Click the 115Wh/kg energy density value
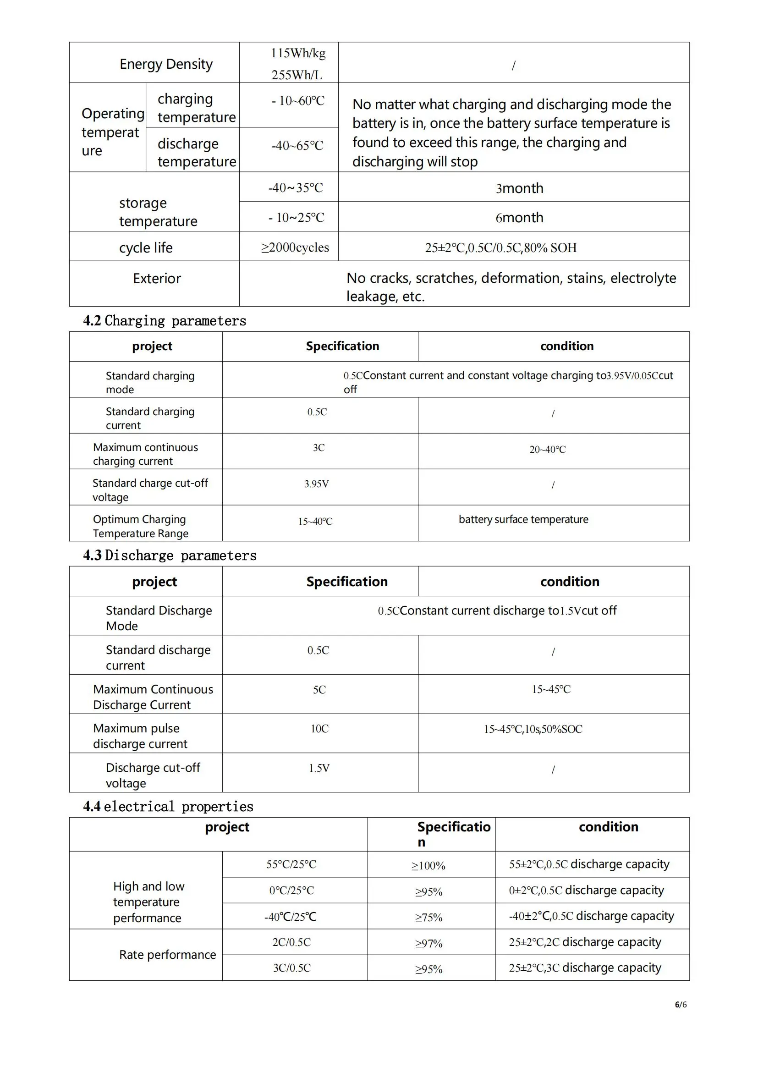[298, 53]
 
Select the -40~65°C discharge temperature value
[297, 146]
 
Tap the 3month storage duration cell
[519, 188]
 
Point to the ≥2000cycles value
[295, 247]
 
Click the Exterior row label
[157, 279]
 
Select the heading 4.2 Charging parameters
[165, 321]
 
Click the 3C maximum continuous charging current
[319, 448]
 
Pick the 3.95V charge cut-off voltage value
[317, 484]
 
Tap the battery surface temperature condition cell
[523, 519]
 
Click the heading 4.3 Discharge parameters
[170, 555]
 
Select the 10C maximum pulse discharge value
[320, 729]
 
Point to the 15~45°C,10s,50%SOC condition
[533, 729]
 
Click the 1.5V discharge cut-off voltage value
[319, 768]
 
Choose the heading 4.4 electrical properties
[168, 807]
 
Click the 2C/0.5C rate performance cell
[292, 942]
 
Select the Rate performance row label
[168, 955]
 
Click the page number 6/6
[681, 1005]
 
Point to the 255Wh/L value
[297, 75]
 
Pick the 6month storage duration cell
[519, 218]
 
